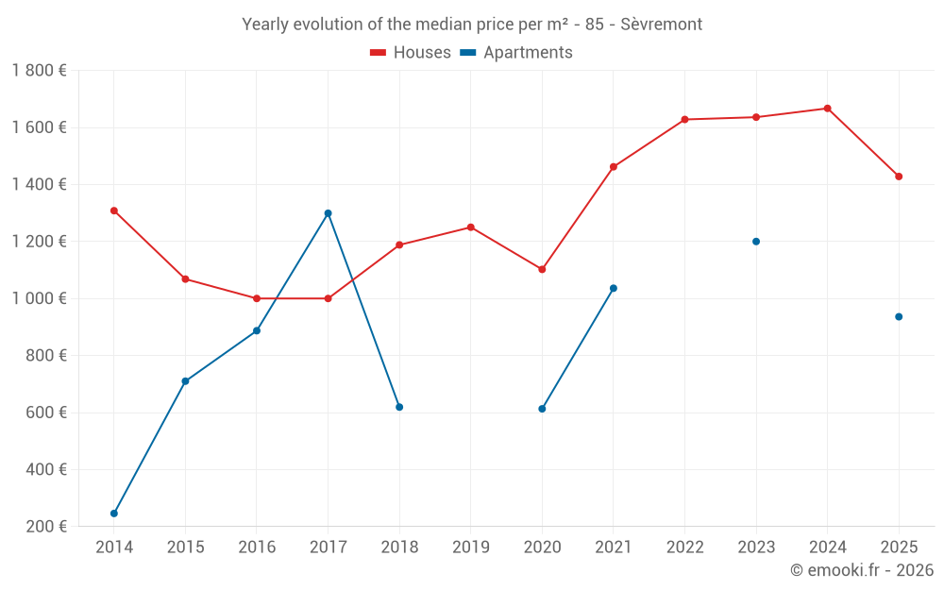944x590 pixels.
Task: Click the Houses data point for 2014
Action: [114, 211]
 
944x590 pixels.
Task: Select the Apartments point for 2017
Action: [329, 213]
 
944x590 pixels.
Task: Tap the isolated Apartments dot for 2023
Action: [756, 242]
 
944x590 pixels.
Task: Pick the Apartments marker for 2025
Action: [899, 316]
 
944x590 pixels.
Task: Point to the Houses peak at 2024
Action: [827, 109]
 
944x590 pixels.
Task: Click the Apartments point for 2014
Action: [114, 514]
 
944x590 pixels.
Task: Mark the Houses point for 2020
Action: [542, 269]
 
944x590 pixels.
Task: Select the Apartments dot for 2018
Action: [399, 407]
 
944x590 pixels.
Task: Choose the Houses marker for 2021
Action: [614, 167]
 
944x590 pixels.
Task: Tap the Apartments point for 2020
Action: [542, 409]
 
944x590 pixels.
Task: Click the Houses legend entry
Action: [411, 52]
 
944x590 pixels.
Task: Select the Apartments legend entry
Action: [516, 52]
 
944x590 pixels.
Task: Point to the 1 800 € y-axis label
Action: [39, 71]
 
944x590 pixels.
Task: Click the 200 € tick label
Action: [46, 526]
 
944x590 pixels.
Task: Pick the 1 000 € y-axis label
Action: [39, 298]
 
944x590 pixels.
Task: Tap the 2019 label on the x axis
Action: [471, 547]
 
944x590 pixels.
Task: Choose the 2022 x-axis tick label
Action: [684, 547]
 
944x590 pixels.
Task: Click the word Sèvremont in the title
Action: [661, 25]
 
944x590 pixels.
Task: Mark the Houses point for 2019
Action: [471, 228]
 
